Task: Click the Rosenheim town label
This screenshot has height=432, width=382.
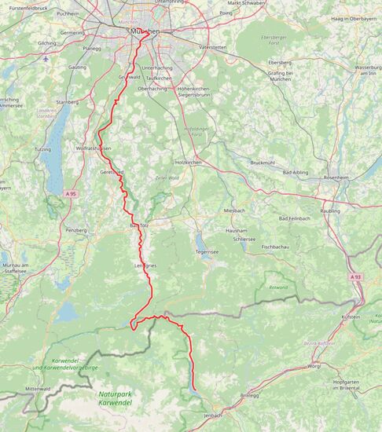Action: (x=336, y=178)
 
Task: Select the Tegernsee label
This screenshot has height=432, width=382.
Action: (x=207, y=252)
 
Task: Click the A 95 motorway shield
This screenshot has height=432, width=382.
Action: (x=71, y=193)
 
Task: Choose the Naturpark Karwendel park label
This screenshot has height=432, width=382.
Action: (x=116, y=398)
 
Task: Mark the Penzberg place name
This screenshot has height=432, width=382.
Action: (x=75, y=230)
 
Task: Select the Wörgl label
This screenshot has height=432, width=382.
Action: (x=314, y=366)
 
